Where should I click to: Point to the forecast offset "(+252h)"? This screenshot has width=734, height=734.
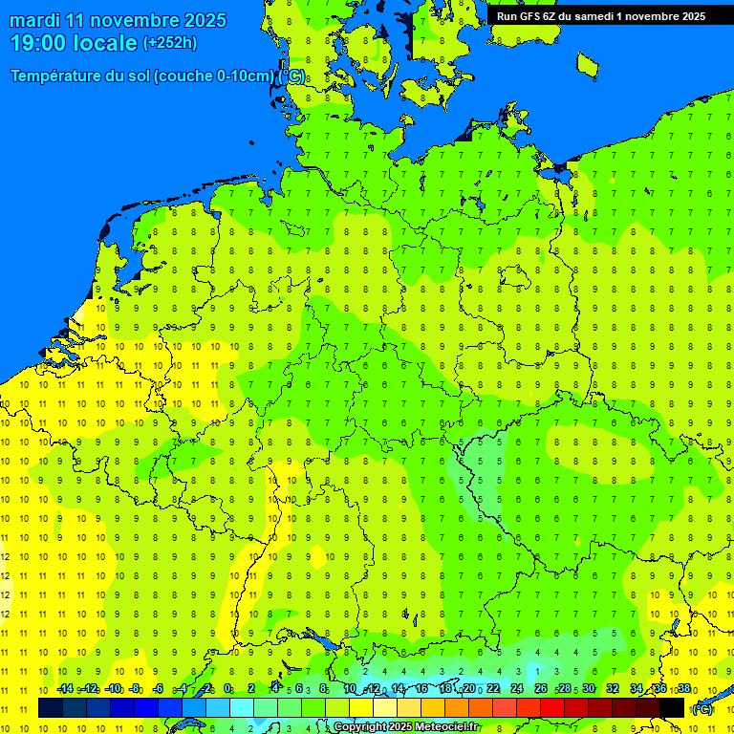click(x=170, y=43)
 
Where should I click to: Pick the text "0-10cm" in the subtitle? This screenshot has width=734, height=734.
click(x=247, y=76)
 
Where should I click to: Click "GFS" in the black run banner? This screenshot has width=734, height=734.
click(x=530, y=16)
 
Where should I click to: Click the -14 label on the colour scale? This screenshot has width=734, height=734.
click(x=65, y=689)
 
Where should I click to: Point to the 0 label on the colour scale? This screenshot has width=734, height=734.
click(x=227, y=689)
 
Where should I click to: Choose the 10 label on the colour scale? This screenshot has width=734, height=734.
click(x=350, y=689)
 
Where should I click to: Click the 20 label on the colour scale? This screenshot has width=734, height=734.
click(x=469, y=689)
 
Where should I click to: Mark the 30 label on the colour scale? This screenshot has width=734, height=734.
click(x=589, y=689)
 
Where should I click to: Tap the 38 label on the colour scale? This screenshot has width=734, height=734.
click(x=684, y=689)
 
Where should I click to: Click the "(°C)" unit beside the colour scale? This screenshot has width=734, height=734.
click(x=702, y=709)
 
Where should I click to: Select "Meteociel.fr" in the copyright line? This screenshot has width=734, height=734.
click(x=445, y=727)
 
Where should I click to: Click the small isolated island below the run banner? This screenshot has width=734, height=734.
click(x=587, y=64)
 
